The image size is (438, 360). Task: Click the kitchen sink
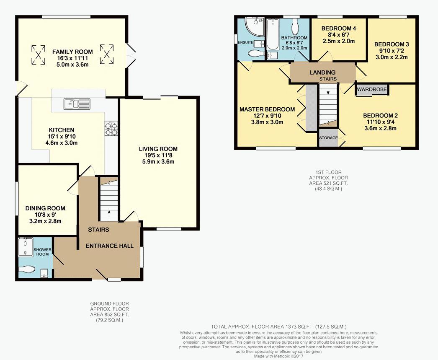tap(77, 104)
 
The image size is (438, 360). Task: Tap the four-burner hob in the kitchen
tap(111, 129)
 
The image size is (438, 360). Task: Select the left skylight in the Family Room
tap(38, 55)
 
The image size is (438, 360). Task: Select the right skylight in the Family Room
tap(107, 54)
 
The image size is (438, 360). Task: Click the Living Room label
tap(158, 149)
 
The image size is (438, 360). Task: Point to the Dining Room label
tap(45, 208)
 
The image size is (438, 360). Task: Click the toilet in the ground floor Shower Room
tap(27, 269)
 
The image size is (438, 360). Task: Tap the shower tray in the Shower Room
tap(26, 247)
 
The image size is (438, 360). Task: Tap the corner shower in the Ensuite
tap(254, 26)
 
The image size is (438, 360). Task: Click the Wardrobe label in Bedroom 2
tap(372, 90)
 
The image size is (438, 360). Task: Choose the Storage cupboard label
tap(328, 138)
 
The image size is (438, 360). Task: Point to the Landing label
tap(322, 73)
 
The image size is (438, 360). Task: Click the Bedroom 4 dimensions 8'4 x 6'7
tap(339, 35)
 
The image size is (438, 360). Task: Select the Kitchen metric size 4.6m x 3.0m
tap(62, 143)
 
